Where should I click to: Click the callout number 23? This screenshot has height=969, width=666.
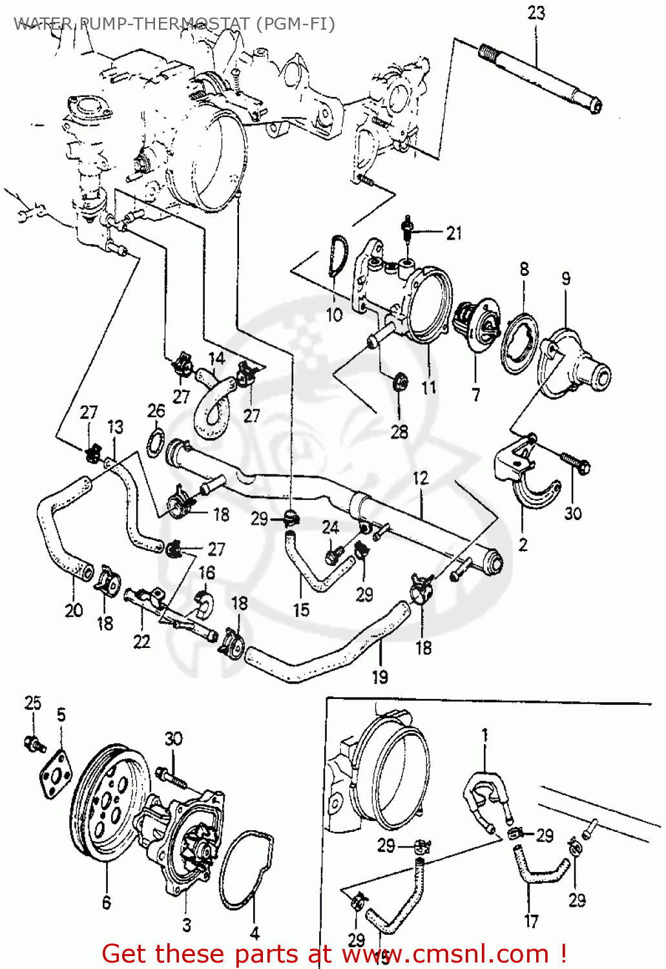click(536, 13)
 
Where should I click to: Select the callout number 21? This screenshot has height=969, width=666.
click(454, 233)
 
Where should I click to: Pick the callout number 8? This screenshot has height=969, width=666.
click(524, 269)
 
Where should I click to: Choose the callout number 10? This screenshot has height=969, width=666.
click(334, 315)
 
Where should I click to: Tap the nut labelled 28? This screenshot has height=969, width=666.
click(400, 382)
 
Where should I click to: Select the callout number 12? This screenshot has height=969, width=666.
click(421, 478)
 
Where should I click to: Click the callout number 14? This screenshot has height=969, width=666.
click(216, 359)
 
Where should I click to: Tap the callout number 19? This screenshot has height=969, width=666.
click(380, 676)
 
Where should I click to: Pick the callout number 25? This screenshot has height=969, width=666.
click(32, 703)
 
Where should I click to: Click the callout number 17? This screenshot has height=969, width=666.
click(531, 921)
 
